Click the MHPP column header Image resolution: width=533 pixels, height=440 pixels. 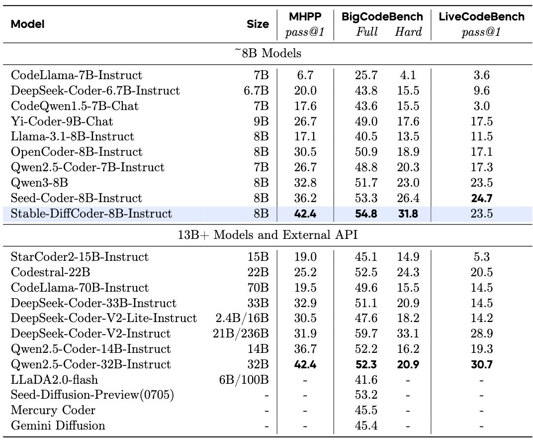point(305,16)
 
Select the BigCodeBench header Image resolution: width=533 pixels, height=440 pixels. point(382,16)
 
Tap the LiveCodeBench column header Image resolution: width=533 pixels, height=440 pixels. point(481,16)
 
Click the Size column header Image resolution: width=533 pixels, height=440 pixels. point(258,24)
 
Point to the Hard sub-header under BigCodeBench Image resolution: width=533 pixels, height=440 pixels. point(408,32)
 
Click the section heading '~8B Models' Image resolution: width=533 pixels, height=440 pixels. point(267,53)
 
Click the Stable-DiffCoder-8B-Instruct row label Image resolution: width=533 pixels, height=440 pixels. point(91,214)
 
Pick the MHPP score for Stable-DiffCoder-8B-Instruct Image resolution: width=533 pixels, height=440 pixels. point(305,214)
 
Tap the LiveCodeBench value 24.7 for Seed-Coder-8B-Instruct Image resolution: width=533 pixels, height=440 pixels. point(481,199)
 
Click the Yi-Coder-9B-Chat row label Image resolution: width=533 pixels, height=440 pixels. point(62,121)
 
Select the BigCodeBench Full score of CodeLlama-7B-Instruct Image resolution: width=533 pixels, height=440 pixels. point(367,75)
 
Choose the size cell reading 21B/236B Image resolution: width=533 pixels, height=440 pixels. point(241,333)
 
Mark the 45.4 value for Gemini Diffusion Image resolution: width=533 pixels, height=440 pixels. point(367,426)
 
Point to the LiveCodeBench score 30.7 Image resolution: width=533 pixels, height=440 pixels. point(481,364)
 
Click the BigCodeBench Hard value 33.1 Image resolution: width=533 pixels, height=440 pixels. point(408,333)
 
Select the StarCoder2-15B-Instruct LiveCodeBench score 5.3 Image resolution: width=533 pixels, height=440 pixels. point(481,257)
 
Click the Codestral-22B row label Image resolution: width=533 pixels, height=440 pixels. point(50,272)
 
